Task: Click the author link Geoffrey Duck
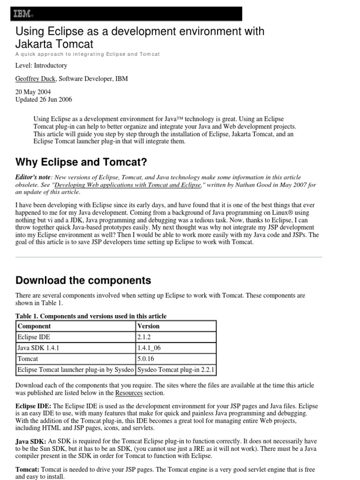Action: pos(36,79)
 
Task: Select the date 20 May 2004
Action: pos(33,92)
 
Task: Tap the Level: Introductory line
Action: pos(41,66)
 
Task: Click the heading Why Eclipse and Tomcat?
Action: pos(81,162)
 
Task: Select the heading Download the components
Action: pos(83,280)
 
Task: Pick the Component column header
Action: pos(34,326)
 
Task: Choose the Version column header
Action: pos(148,326)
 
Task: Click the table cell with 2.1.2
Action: pos(144,337)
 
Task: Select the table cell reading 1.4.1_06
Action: pos(150,348)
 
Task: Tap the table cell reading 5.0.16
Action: pos(146,359)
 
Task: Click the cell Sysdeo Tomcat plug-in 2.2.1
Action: pos(176,369)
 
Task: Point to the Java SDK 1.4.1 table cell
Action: pos(38,348)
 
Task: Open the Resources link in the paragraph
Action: pos(128,393)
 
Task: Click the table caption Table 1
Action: pos(91,316)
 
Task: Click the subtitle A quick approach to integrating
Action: pos(88,54)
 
